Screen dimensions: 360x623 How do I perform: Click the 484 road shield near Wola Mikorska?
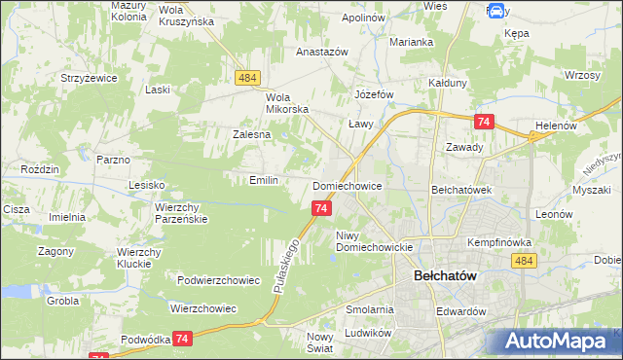tap(246, 76)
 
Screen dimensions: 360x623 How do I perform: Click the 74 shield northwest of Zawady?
tap(484, 121)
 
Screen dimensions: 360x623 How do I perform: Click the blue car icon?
tap(495, 12)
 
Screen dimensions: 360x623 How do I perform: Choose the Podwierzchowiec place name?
tap(218, 280)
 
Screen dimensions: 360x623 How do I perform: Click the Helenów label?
tap(557, 126)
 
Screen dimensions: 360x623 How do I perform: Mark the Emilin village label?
tap(264, 180)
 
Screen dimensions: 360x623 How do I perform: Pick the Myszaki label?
tap(591, 191)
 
